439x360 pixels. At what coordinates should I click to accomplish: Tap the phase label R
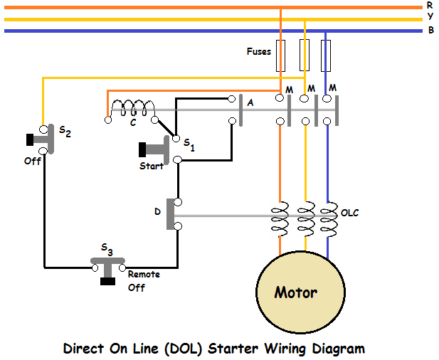(430, 5)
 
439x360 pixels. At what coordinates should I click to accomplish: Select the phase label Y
(430, 17)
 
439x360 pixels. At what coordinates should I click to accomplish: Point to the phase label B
(430, 30)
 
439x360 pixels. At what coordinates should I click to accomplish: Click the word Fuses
(258, 51)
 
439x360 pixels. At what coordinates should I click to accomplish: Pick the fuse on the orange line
(280, 55)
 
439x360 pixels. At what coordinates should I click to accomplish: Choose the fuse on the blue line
(327, 55)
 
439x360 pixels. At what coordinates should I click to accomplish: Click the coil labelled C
(132, 109)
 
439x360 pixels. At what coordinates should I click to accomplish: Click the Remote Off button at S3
(107, 280)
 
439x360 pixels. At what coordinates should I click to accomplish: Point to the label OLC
(350, 212)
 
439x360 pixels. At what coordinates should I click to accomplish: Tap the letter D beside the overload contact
(157, 211)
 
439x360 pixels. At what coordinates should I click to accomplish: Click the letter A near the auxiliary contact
(249, 103)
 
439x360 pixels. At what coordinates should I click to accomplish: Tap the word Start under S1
(151, 166)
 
